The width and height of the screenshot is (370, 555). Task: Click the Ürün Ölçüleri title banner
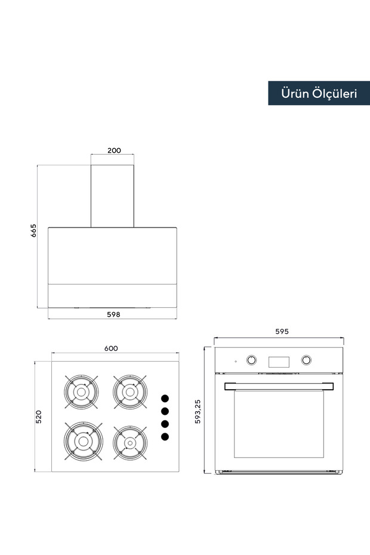click(x=319, y=93)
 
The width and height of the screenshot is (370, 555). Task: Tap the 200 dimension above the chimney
click(x=114, y=150)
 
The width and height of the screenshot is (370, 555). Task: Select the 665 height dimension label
click(x=33, y=230)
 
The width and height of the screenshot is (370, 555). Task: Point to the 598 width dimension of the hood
click(x=113, y=314)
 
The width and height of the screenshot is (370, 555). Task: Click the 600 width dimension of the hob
click(x=111, y=349)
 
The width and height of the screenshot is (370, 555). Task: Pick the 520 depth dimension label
click(x=39, y=417)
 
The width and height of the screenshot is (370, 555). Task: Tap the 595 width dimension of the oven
click(x=282, y=331)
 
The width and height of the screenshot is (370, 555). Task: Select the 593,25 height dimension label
click(x=198, y=411)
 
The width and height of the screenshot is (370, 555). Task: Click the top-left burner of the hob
click(x=81, y=392)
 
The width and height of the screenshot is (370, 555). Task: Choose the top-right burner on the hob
click(x=130, y=392)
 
